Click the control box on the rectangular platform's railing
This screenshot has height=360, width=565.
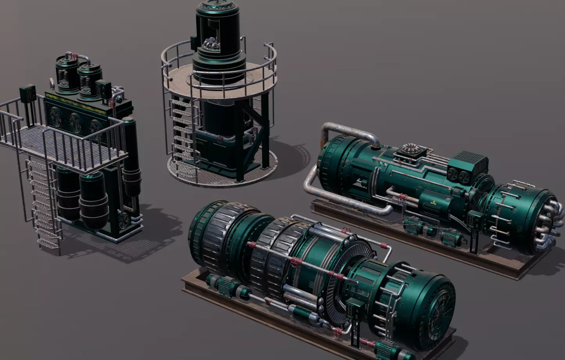click(x=28, y=94)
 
